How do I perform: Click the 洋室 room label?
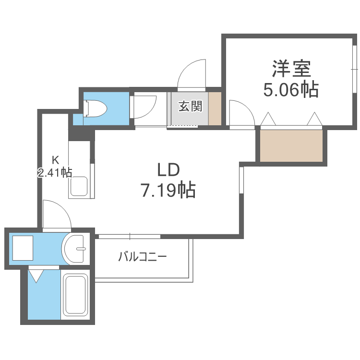point(291,69)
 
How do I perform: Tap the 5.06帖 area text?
point(291,90)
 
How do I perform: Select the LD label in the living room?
point(168,170)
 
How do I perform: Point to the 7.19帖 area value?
point(168,190)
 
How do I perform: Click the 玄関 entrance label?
point(191,106)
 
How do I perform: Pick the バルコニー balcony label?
point(143,256)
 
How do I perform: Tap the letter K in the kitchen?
point(55,160)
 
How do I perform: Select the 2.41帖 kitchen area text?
point(55,172)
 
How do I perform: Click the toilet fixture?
point(95,108)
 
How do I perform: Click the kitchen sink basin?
point(79,186)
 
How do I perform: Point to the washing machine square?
point(23,248)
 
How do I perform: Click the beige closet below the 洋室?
point(291,146)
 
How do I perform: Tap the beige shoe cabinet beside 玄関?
point(215,108)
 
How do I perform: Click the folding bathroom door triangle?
point(36,276)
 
